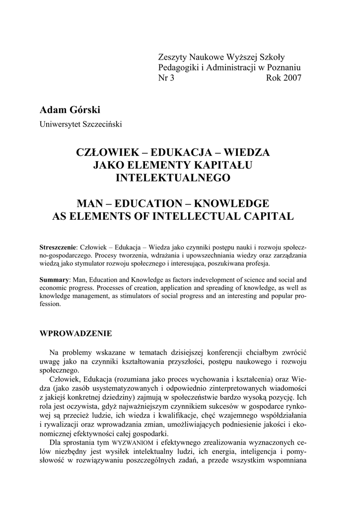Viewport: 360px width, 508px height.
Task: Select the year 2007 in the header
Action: click(284, 78)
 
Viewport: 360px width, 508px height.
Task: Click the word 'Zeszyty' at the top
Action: click(172, 57)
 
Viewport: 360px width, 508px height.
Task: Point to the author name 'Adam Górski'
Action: click(69, 109)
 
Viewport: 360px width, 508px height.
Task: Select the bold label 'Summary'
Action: click(54, 280)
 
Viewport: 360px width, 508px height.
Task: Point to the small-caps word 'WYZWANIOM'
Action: click(131, 442)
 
